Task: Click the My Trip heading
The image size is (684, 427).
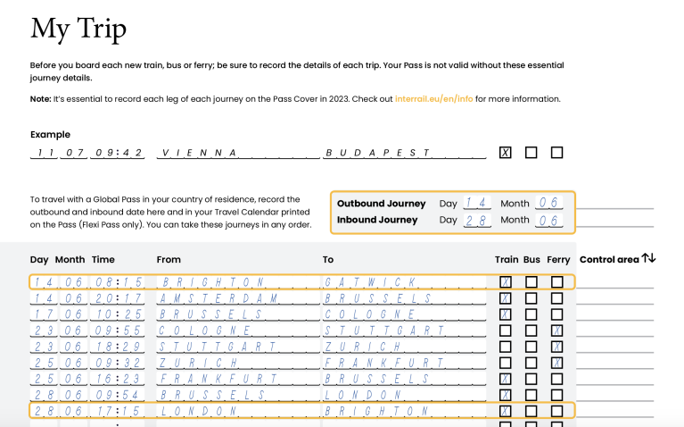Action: (78, 29)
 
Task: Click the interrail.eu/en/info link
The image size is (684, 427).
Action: (433, 98)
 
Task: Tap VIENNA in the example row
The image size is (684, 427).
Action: (199, 153)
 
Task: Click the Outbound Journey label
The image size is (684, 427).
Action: (381, 204)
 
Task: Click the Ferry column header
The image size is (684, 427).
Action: (558, 259)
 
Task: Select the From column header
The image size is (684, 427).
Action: (169, 259)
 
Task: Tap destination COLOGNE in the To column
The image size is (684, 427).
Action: (361, 314)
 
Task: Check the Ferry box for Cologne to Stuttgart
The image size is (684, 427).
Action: (557, 331)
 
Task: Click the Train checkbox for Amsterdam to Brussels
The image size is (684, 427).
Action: (506, 298)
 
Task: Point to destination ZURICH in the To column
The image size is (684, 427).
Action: (355, 347)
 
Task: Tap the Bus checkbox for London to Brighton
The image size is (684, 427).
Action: (532, 411)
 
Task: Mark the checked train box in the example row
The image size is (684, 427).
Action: (506, 153)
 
